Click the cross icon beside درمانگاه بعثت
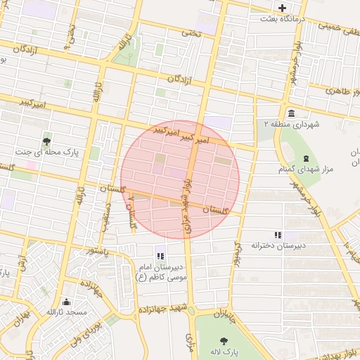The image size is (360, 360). pos(283,8)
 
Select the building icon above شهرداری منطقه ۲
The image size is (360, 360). pos(291,113)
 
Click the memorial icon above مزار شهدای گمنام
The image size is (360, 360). pos(304,157)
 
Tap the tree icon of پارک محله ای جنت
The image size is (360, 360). pos(46,140)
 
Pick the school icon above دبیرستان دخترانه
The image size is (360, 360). pos(278,234)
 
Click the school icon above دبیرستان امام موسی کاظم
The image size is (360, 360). pos(160,255)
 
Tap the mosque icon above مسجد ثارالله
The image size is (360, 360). pos(65,300)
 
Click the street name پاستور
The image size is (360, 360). pos(98,250)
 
